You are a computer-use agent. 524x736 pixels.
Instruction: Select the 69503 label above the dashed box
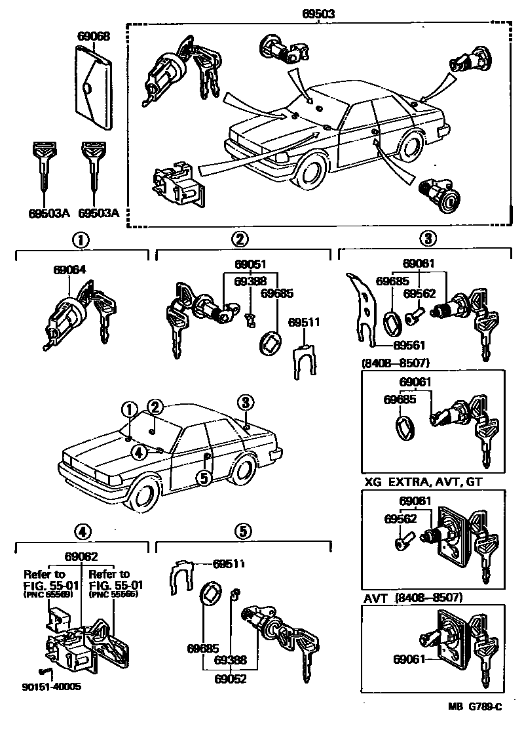(319, 13)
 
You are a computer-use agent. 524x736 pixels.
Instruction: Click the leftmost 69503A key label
(48, 213)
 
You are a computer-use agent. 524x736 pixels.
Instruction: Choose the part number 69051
(251, 264)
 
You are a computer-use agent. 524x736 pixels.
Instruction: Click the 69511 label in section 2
(305, 322)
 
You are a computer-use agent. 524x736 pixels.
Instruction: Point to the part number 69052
(230, 679)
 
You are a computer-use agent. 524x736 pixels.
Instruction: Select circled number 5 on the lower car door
(204, 478)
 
